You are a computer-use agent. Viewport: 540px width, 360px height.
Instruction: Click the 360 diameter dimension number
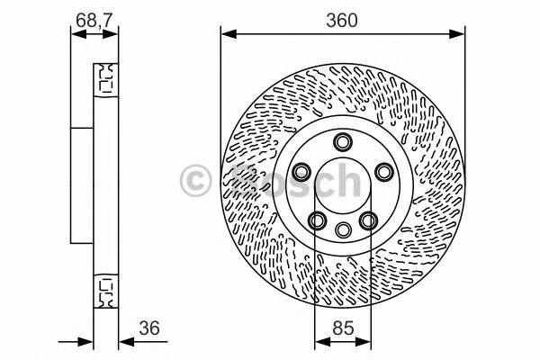coord(342,21)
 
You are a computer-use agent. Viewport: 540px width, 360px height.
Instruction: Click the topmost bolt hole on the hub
coord(342,141)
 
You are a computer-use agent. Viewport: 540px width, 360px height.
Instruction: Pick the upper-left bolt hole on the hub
coord(301,171)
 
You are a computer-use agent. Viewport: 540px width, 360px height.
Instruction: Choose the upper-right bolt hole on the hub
coord(382,171)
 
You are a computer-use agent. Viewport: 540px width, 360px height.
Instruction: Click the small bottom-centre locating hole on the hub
coord(342,229)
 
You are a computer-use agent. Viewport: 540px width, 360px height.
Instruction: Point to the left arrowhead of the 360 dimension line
coord(226,35)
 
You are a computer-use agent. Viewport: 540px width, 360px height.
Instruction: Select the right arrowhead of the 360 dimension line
coord(460,35)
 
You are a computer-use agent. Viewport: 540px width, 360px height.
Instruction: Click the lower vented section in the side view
coord(105,289)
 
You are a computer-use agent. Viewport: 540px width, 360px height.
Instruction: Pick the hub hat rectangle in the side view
coord(82,185)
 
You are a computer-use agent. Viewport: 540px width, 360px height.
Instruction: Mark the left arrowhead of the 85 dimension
coord(319,341)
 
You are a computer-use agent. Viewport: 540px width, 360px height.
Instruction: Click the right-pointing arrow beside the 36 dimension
coord(87,341)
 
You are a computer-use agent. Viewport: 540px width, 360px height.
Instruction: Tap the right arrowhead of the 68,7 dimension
coord(113,35)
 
